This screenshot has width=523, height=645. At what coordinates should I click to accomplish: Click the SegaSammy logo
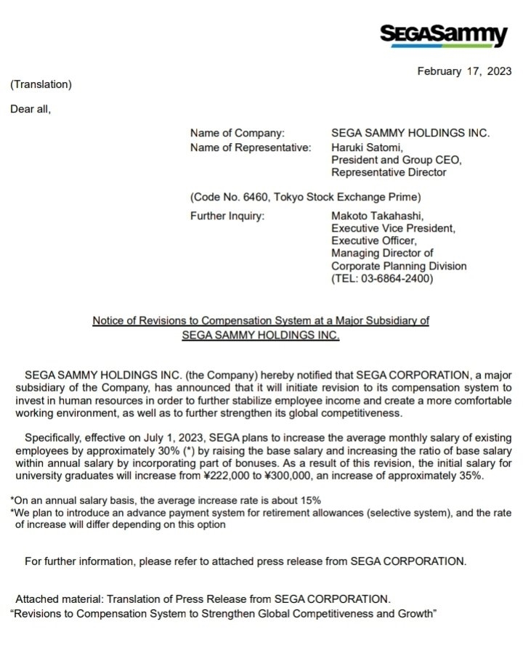pyautogui.click(x=444, y=35)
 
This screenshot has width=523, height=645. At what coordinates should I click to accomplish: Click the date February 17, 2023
pyautogui.click(x=464, y=71)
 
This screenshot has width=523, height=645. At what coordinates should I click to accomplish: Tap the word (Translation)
pyautogui.click(x=41, y=84)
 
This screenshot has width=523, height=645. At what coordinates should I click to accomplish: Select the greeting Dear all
pyautogui.click(x=31, y=110)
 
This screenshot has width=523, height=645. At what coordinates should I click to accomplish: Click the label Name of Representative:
pyautogui.click(x=251, y=147)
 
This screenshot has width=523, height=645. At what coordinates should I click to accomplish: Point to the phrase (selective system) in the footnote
pyautogui.click(x=413, y=513)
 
